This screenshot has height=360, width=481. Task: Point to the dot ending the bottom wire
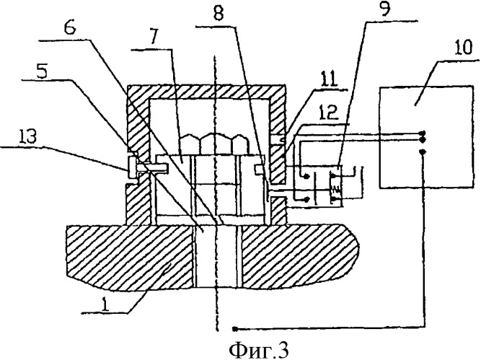point(235,321)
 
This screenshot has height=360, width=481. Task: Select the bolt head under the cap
point(216,144)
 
